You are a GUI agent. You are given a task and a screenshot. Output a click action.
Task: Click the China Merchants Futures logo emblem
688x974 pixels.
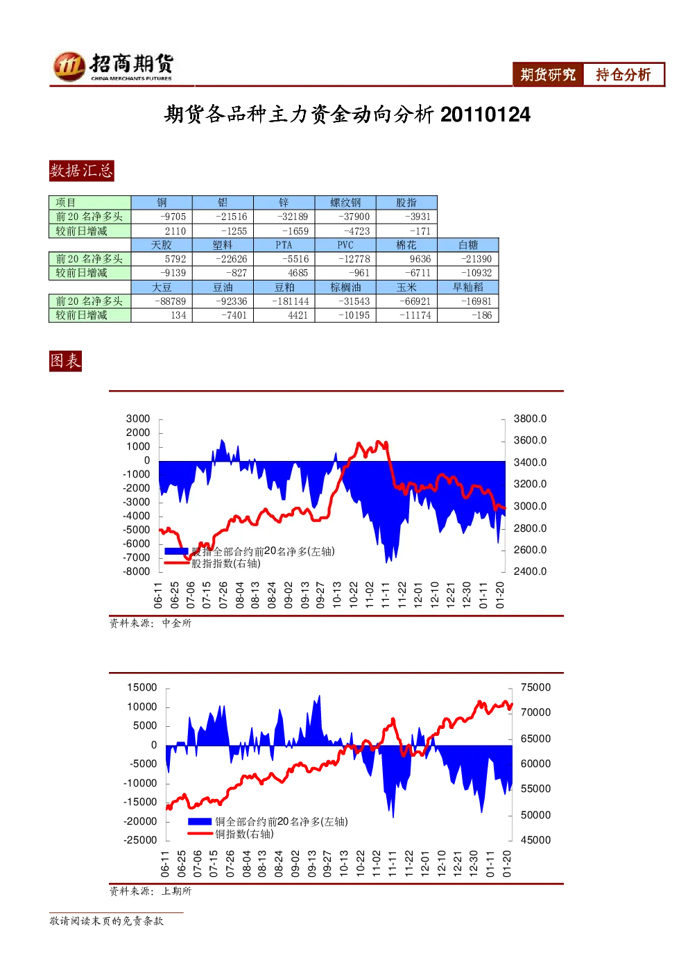pos(69,67)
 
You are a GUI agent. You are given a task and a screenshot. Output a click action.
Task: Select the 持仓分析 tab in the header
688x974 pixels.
pos(623,74)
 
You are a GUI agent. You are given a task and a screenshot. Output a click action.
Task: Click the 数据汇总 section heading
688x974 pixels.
pos(81,170)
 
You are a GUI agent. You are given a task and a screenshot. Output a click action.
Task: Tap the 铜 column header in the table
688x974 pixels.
pos(162,202)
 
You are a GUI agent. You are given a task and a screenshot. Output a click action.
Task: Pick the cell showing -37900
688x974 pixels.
pos(345,217)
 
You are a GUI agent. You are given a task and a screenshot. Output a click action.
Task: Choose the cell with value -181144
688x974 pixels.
pos(284,301)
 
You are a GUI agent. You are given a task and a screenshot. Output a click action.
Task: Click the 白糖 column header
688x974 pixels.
pos(467,245)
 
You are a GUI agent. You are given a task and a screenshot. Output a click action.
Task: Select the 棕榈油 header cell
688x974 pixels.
pos(345,287)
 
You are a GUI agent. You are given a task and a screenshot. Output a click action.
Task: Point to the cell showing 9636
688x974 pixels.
pos(406,259)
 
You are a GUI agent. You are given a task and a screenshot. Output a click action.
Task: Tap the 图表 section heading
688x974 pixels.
pos(65,361)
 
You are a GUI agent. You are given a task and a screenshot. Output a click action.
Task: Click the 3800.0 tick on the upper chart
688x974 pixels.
pos(530,419)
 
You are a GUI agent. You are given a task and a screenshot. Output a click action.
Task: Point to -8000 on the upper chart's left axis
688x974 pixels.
pos(137,571)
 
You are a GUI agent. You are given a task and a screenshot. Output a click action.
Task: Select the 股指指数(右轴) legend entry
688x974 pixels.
pos(213,564)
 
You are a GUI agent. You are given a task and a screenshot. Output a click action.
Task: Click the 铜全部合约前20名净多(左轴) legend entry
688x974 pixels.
pos(268,821)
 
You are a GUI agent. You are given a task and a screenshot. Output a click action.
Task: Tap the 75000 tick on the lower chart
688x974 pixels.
pos(535,687)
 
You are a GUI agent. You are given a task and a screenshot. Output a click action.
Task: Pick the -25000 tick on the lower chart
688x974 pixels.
pos(140,840)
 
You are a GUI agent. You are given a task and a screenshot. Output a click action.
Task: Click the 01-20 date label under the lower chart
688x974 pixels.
pos(507,864)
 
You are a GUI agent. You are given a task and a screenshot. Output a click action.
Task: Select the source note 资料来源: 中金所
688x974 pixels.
pos(150,623)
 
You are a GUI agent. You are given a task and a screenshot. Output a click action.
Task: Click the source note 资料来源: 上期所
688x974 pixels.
pos(150,891)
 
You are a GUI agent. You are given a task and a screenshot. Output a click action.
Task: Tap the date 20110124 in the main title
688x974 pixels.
pos(485,115)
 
